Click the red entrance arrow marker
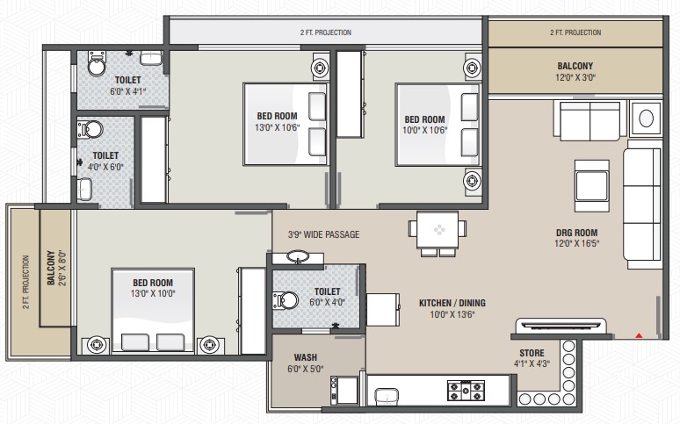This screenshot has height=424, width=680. coord(639,335)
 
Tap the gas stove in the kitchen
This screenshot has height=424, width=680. coord(467,390)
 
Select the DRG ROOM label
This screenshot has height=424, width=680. coord(577,233)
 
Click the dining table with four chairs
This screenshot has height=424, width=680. coord(438,234)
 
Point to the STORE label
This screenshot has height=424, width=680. coord(532,353)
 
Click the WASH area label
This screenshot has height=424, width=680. coord(306,357)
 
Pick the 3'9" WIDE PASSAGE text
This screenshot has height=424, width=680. coord(323,234)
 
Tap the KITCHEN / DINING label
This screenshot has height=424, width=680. coord(452,303)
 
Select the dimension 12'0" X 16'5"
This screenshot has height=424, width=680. coord(577,244)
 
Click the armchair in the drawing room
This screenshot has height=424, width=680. coord(592,185)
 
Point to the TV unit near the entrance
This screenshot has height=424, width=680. coord(561,324)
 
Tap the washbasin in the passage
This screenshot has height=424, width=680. coord(298,257)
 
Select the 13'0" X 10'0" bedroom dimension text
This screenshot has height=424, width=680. coord(153,293)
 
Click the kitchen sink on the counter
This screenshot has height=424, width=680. coord(387,397)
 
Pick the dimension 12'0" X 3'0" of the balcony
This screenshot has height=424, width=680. coord(575,77)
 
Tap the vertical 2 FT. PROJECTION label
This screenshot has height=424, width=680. coord(26,282)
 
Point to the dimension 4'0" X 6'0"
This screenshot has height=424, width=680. coord(105,167)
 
